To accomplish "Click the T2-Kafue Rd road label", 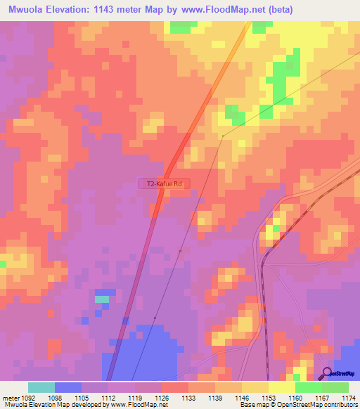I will pyautogui.click(x=165, y=183).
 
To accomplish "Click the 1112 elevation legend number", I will pyautogui.click(x=108, y=397).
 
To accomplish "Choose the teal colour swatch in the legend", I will pyautogui.click(x=41, y=387).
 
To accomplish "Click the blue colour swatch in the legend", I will pyautogui.click(x=68, y=387).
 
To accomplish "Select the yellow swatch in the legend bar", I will pyautogui.click(x=281, y=387).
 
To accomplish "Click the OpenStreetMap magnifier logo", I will pyautogui.click(x=328, y=373).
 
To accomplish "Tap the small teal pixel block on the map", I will pyautogui.click(x=102, y=299).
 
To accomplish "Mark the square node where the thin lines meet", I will pyautogui.click(x=223, y=136).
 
